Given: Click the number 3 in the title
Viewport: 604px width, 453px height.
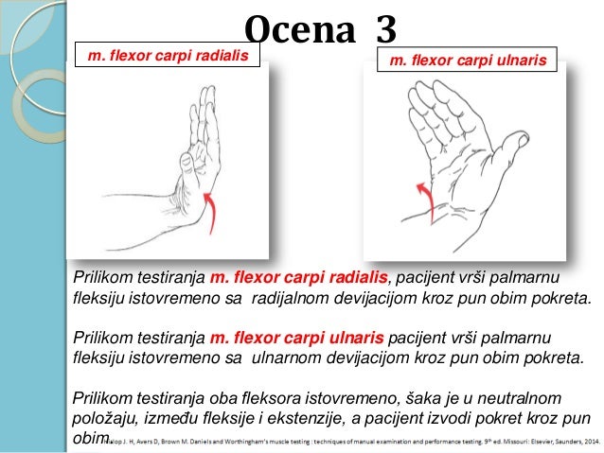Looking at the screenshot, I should [x=383, y=31].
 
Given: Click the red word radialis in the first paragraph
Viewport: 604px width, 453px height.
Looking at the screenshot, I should [x=358, y=276].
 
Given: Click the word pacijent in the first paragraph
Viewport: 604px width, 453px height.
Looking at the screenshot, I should [x=427, y=276].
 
